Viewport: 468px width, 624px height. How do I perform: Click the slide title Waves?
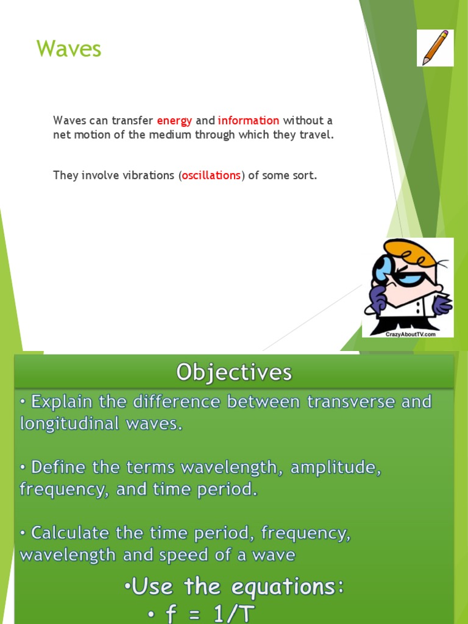click(x=69, y=49)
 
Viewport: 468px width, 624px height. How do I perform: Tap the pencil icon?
click(x=435, y=47)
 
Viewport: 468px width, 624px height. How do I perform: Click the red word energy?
click(x=174, y=121)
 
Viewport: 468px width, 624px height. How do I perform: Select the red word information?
click(x=249, y=121)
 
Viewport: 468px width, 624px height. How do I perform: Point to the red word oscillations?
click(x=211, y=175)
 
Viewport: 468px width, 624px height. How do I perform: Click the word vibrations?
click(x=146, y=175)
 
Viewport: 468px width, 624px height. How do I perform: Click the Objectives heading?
click(x=234, y=372)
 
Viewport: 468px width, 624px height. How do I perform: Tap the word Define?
click(x=59, y=468)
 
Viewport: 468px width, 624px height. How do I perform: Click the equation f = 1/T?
click(x=202, y=614)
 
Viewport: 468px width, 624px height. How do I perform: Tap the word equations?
click(x=284, y=587)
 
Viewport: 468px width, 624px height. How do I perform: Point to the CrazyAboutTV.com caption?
click(x=411, y=334)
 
